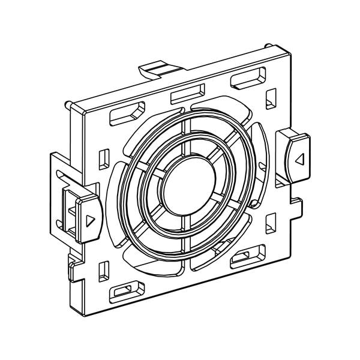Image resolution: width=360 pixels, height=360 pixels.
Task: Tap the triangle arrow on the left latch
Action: coord(90,220)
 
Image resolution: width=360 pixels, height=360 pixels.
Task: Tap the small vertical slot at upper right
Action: coord(271,97)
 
